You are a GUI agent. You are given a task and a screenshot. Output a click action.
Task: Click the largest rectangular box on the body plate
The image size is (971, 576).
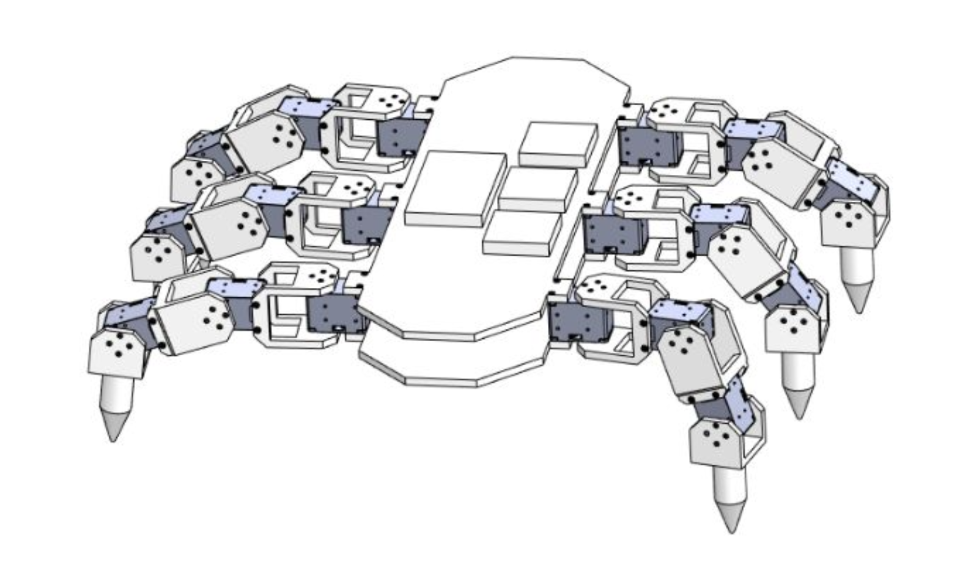tap(455, 188)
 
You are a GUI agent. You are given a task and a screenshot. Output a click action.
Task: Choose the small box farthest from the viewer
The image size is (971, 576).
tap(558, 144)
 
